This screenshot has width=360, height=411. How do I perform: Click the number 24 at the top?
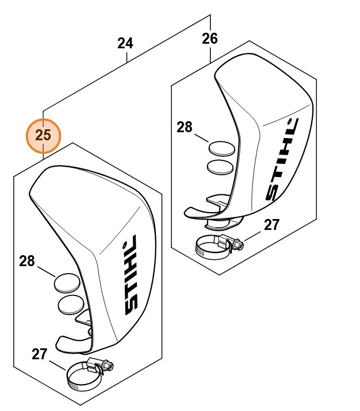click(125, 43)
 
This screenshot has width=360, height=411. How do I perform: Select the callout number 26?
click(210, 39)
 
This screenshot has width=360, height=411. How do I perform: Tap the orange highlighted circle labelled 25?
click(43, 136)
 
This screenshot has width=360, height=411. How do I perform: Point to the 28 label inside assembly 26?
click(184, 127)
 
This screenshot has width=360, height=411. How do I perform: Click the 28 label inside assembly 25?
click(27, 261)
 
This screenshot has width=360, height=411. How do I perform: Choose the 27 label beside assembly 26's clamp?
click(272, 225)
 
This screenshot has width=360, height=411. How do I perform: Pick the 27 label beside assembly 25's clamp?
click(39, 354)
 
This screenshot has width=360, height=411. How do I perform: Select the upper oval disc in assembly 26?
click(221, 149)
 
